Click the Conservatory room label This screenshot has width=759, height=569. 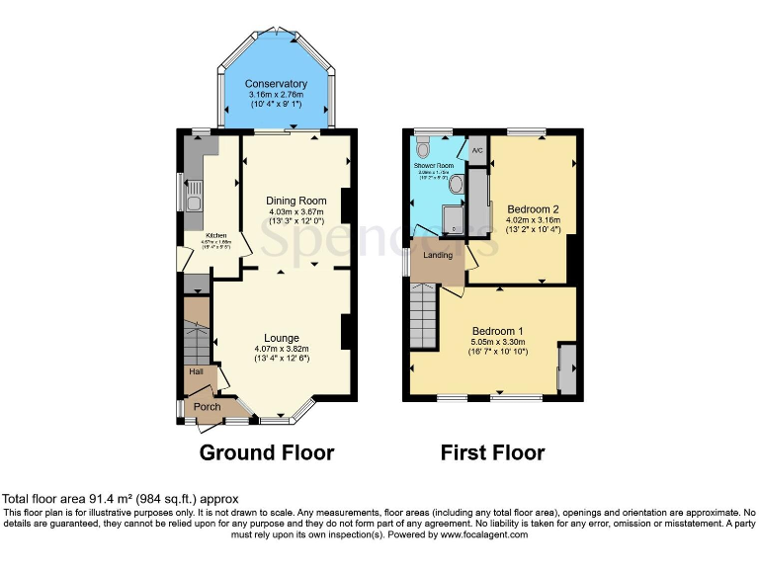276,84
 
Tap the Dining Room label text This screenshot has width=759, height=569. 296,201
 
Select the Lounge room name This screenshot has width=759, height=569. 281,338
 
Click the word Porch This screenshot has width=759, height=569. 207,407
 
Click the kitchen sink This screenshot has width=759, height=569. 195,201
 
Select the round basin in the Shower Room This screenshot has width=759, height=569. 457,185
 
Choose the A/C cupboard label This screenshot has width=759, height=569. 476,150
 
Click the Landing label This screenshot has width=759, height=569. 438,255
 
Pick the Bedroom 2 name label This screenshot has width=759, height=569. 534,209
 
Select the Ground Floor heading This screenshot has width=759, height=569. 266,453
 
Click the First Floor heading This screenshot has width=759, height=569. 492,453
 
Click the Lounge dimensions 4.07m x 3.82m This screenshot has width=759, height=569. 281,349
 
